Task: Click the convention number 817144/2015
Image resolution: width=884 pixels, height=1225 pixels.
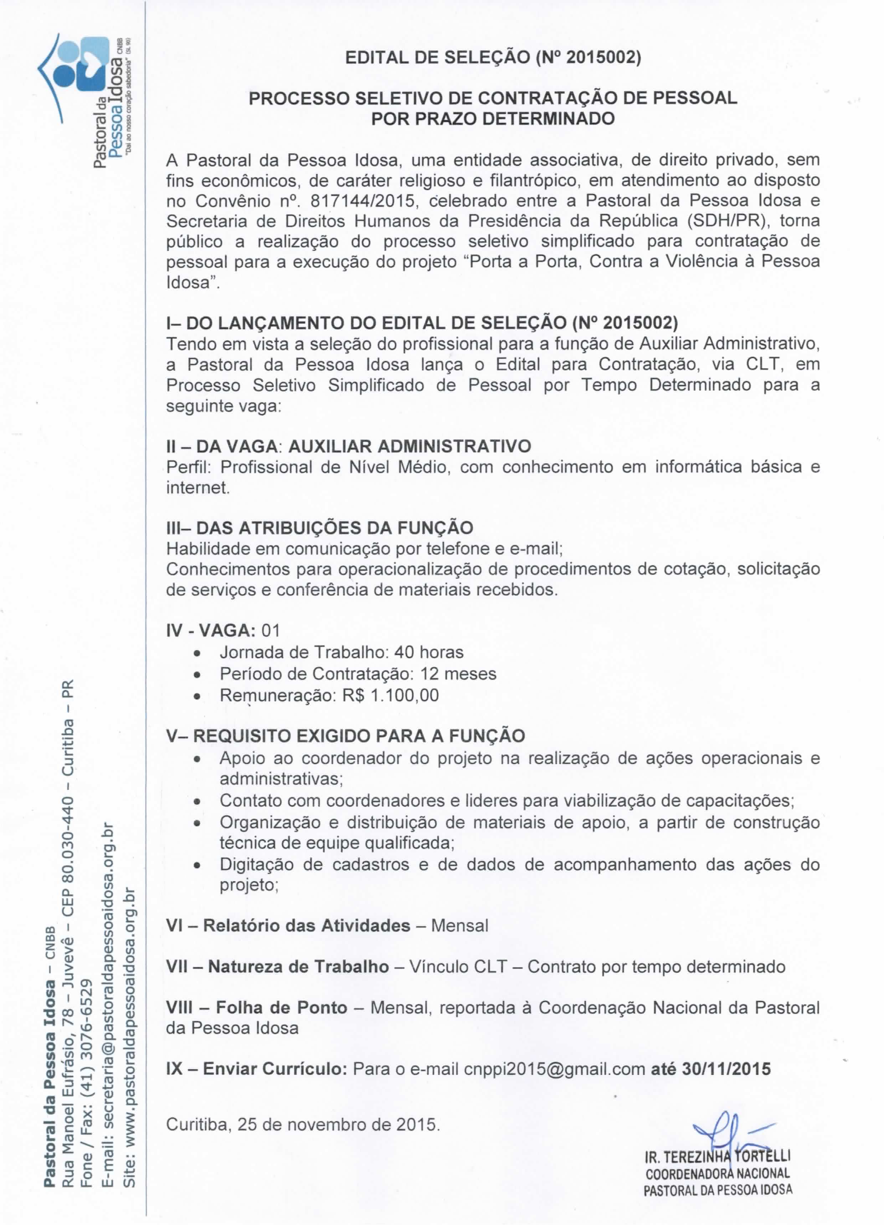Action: [x=363, y=201]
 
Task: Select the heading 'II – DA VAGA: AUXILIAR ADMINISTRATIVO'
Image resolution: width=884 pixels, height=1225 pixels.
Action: [x=349, y=446]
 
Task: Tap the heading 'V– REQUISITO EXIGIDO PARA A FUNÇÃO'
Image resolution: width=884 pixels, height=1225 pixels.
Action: [x=345, y=736]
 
